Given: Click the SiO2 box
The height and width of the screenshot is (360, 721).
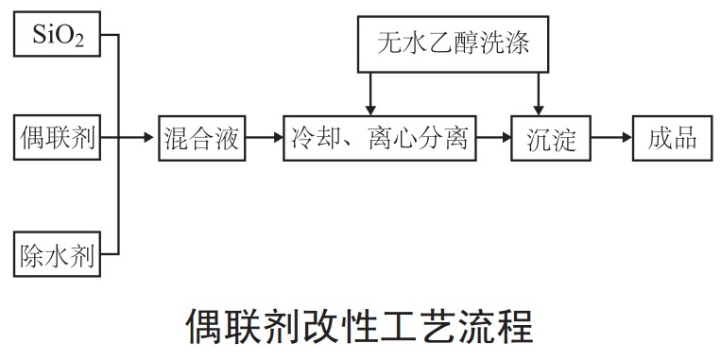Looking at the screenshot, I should [56, 36].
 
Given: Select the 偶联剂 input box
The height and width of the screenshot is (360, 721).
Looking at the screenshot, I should [56, 139].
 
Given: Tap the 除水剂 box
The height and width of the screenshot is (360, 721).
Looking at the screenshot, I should [56, 253].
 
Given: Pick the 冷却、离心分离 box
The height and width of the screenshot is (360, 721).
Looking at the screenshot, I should [378, 139].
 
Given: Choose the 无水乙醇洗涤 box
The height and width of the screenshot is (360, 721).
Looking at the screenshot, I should [453, 43].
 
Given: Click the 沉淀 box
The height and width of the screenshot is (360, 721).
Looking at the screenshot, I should [551, 139].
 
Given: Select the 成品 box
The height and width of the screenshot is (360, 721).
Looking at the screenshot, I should [673, 139].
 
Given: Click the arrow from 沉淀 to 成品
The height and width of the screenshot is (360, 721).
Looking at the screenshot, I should [612, 139].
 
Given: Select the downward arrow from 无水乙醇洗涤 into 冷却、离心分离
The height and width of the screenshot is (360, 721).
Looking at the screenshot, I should [369, 94].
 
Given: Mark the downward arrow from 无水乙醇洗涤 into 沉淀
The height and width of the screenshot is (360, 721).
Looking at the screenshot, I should [539, 94].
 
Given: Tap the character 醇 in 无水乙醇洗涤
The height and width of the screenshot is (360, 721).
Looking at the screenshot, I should [470, 43].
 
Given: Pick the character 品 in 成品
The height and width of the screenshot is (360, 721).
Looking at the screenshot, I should [686, 139].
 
